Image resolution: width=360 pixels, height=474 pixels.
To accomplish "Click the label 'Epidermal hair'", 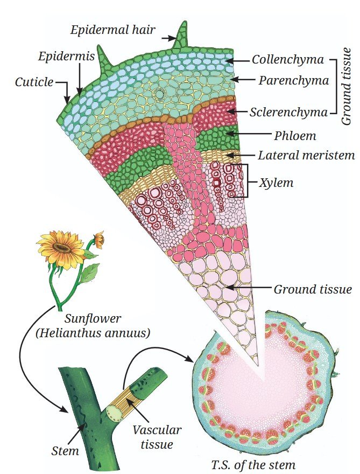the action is [113, 30].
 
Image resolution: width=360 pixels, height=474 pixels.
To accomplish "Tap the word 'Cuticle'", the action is [34, 82].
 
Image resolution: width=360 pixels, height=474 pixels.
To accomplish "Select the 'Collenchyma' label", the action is [288, 60].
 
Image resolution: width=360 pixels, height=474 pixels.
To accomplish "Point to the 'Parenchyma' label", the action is [294, 80].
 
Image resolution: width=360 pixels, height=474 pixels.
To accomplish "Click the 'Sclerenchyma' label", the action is [289, 113].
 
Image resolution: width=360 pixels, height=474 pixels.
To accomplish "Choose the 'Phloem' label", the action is [295, 136].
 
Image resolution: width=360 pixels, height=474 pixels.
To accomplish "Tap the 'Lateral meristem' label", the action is [306, 155].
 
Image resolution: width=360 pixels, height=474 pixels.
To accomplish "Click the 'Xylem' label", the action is [276, 183].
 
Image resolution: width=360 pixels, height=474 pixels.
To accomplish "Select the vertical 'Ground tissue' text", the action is [347, 87].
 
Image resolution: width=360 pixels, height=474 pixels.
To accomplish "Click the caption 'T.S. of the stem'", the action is [253, 464].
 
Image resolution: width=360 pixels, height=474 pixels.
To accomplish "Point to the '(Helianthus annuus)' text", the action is [93, 333].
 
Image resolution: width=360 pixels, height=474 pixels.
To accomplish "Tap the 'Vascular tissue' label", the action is [157, 437].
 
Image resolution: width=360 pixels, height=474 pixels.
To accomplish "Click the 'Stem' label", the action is [65, 451].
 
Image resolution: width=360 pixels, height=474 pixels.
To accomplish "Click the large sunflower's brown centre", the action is [62, 248].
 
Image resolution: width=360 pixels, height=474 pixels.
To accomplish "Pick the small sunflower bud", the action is [99, 239].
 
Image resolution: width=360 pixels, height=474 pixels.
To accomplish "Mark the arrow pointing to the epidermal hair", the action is [168, 38].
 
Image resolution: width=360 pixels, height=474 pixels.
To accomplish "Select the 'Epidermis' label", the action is [66, 56].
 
